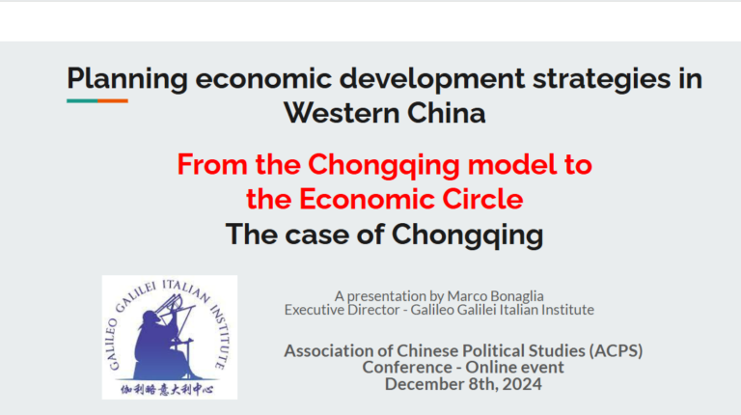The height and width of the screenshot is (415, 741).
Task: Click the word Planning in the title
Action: coord(127,79)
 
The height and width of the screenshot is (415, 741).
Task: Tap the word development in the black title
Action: coord(432,79)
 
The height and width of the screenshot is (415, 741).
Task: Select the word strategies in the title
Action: coord(602,79)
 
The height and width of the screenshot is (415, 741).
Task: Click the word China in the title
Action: coord(446,114)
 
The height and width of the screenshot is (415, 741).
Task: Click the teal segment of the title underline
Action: coord(82,100)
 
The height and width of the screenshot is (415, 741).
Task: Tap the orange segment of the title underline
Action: coord(113,100)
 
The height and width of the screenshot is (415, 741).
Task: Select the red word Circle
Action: coord(482,199)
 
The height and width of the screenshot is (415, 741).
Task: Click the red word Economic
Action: coord(367,199)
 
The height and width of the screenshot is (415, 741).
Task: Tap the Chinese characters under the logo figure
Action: coord(167,390)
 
